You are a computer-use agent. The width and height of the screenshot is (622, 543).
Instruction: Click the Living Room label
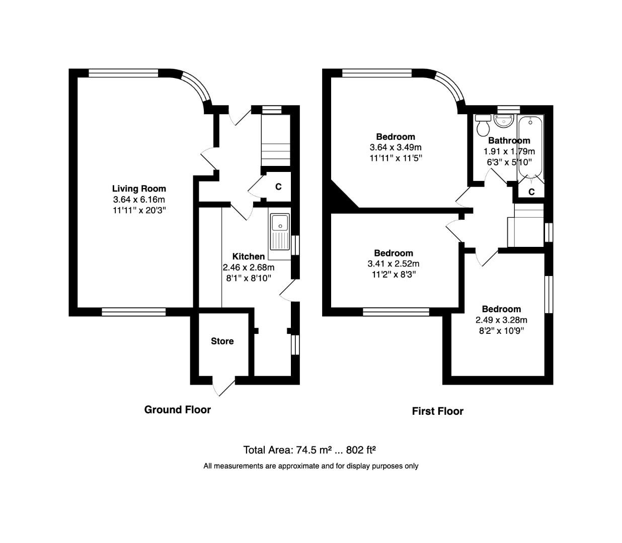point(139,189)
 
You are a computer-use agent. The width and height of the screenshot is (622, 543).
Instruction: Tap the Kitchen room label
point(249,256)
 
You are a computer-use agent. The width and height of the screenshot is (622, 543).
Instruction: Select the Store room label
point(222,341)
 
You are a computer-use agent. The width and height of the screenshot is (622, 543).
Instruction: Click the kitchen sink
point(279,231)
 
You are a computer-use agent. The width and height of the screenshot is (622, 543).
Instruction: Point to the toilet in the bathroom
point(483,125)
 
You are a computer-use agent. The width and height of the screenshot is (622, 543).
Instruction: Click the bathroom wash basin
point(503,121)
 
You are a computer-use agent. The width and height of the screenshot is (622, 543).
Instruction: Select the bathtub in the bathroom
point(530,146)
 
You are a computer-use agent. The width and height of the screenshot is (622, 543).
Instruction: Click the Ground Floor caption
point(177,410)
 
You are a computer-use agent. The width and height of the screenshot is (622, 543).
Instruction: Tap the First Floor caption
point(437,411)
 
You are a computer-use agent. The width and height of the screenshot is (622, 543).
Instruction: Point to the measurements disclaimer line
point(310,466)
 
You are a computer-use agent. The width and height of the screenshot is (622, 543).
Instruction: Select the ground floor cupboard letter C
point(278,187)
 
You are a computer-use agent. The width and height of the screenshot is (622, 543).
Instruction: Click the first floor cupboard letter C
point(531,192)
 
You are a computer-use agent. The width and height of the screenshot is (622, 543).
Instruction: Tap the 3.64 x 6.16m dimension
point(139,200)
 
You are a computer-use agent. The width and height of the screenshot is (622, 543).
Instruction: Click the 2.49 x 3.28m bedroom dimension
point(501,320)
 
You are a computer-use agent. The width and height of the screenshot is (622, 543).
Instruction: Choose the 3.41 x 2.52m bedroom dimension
point(394,263)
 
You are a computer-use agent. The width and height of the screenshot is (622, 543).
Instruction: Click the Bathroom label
point(509,141)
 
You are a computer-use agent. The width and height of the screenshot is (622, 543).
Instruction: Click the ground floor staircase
point(275,141)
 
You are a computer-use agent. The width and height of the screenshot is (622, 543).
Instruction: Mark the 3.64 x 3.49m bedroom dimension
point(396,147)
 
